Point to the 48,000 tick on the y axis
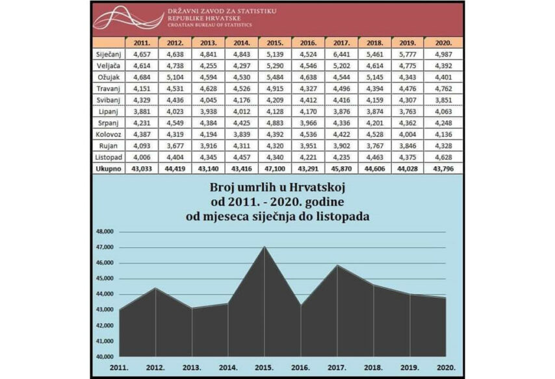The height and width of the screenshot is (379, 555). click(x=105, y=232)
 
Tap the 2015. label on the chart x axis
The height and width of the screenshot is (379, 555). click(x=263, y=368)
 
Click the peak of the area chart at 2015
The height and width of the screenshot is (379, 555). click(x=264, y=247)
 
